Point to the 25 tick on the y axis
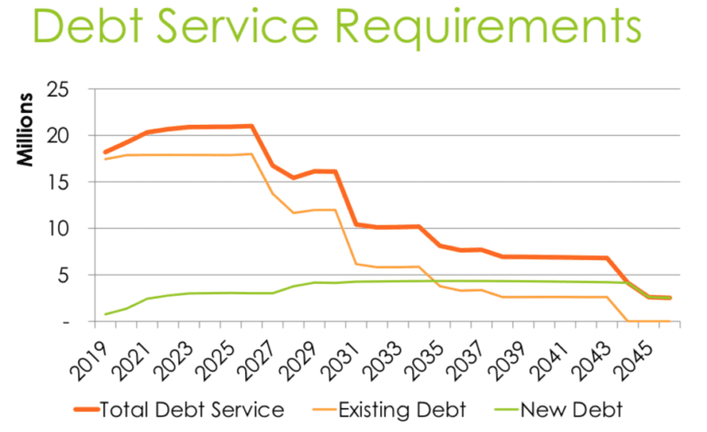point(61,89)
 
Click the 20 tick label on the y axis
point(61,136)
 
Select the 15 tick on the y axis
point(61,182)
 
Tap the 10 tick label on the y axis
point(61,229)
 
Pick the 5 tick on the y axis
point(65,275)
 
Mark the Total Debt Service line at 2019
point(106,152)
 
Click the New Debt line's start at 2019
point(106,314)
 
